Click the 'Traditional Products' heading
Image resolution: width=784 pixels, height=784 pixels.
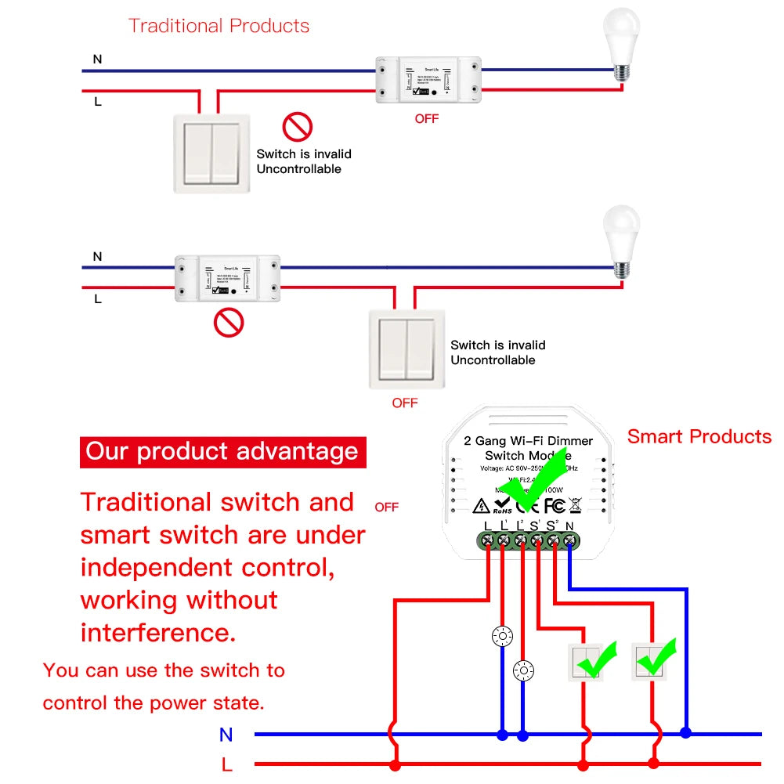click(x=219, y=26)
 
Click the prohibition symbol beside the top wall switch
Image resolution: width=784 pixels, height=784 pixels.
click(x=298, y=126)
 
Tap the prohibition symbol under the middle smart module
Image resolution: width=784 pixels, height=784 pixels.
click(x=229, y=322)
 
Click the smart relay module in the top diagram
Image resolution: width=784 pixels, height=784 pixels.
click(x=428, y=80)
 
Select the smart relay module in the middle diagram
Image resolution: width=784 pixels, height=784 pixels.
click(x=227, y=278)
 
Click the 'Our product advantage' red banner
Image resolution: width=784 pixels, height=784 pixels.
click(x=222, y=452)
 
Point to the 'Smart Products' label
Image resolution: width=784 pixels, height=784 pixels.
click(x=699, y=437)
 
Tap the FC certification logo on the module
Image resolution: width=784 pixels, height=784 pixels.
click(x=555, y=506)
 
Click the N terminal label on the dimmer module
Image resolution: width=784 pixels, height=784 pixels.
click(x=569, y=526)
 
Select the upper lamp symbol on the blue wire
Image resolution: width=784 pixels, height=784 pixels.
click(x=502, y=636)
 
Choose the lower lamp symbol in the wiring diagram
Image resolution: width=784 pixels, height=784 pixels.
click(x=523, y=670)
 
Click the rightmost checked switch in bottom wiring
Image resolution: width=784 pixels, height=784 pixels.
click(x=653, y=662)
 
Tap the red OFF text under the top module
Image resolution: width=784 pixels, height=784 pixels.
click(x=426, y=119)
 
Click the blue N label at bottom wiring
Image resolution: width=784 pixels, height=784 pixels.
click(x=226, y=735)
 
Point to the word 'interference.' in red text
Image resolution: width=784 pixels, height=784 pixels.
click(x=158, y=632)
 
